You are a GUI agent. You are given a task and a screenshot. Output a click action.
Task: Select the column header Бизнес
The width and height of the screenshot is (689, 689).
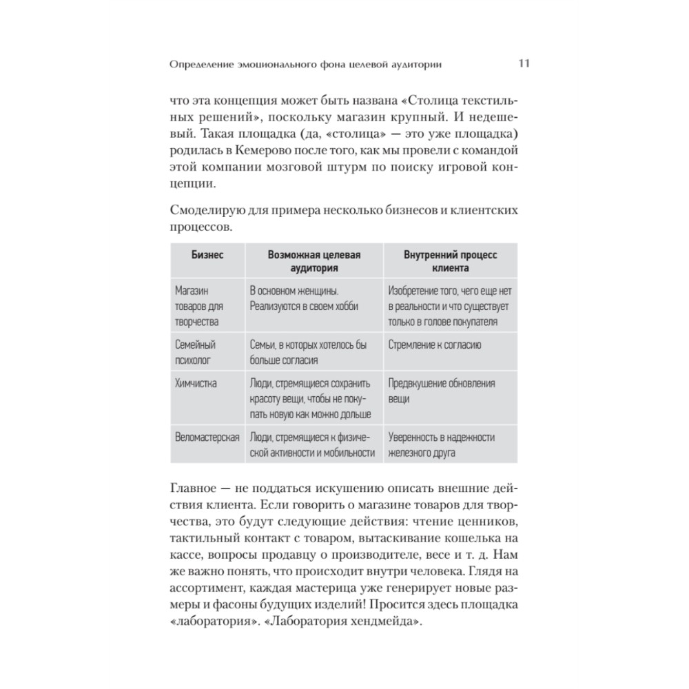tap(207, 254)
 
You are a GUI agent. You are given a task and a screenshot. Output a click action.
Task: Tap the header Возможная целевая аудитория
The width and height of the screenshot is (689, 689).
tap(314, 261)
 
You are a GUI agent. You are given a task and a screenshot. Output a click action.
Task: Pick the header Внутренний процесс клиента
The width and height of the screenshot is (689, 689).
tap(450, 261)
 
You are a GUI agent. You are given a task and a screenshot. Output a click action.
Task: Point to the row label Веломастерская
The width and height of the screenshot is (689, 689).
tap(207, 438)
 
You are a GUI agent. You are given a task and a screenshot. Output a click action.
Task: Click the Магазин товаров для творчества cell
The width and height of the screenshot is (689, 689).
tap(197, 306)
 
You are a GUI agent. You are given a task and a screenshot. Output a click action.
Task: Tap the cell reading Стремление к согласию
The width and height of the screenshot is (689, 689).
tap(434, 344)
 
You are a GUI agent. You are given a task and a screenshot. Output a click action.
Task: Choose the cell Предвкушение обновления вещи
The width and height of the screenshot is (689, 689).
tap(441, 391)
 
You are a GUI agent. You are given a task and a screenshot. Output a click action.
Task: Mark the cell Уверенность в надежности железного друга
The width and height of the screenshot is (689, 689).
tap(441, 444)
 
